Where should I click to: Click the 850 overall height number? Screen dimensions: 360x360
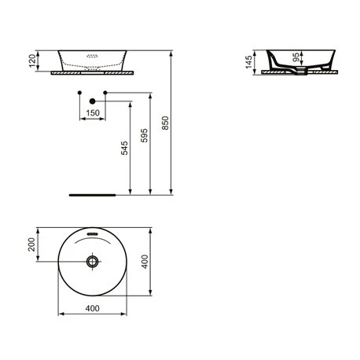[x=165, y=127]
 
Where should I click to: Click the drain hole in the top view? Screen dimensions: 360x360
[x=93, y=261]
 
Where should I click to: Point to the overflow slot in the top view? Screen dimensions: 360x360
[x=93, y=234]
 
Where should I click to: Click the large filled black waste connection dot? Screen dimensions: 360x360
[x=93, y=101]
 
